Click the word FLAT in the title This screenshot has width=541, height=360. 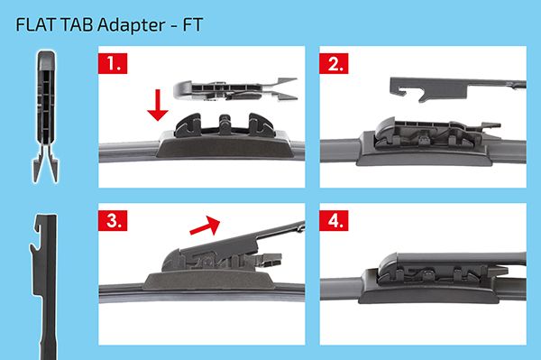(35, 25)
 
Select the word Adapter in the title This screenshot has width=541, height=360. (131, 25)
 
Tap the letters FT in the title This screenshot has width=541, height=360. (192, 25)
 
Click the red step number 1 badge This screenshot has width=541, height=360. (113, 63)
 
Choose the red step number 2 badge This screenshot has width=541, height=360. (334, 63)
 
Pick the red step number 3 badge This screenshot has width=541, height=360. (113, 220)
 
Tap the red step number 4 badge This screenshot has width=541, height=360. (334, 220)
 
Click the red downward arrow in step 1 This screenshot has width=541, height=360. (158, 105)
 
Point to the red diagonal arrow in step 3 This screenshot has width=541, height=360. (205, 226)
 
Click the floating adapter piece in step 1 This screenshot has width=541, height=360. (234, 89)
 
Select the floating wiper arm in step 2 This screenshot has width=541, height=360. (458, 89)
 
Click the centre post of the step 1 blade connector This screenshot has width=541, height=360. (225, 125)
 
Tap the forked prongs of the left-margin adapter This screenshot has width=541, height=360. (46, 163)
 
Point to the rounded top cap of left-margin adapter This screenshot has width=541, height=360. (46, 60)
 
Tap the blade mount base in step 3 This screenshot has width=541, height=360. (209, 281)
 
